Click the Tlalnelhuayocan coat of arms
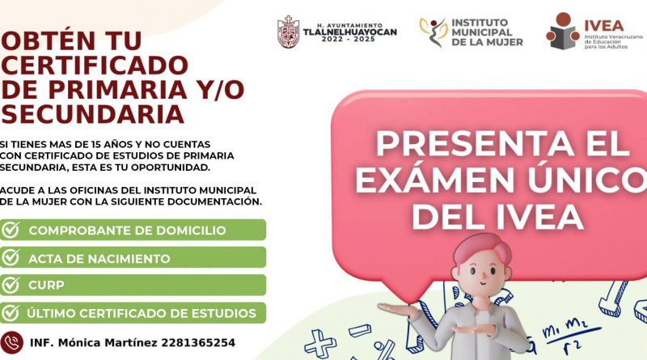(288, 32)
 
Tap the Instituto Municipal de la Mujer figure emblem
(433, 32)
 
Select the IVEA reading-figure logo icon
(563, 31)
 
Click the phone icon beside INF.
(11, 342)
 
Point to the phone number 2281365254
(198, 343)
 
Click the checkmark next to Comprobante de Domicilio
(11, 230)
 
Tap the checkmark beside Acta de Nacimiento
(11, 257)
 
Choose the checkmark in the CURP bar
(11, 285)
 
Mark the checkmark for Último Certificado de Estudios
(11, 313)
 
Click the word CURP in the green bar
(46, 286)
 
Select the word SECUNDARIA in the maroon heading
(93, 114)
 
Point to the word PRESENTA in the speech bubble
(474, 144)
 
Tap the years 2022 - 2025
(349, 39)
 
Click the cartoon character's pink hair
(483, 247)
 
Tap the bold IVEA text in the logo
(603, 26)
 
